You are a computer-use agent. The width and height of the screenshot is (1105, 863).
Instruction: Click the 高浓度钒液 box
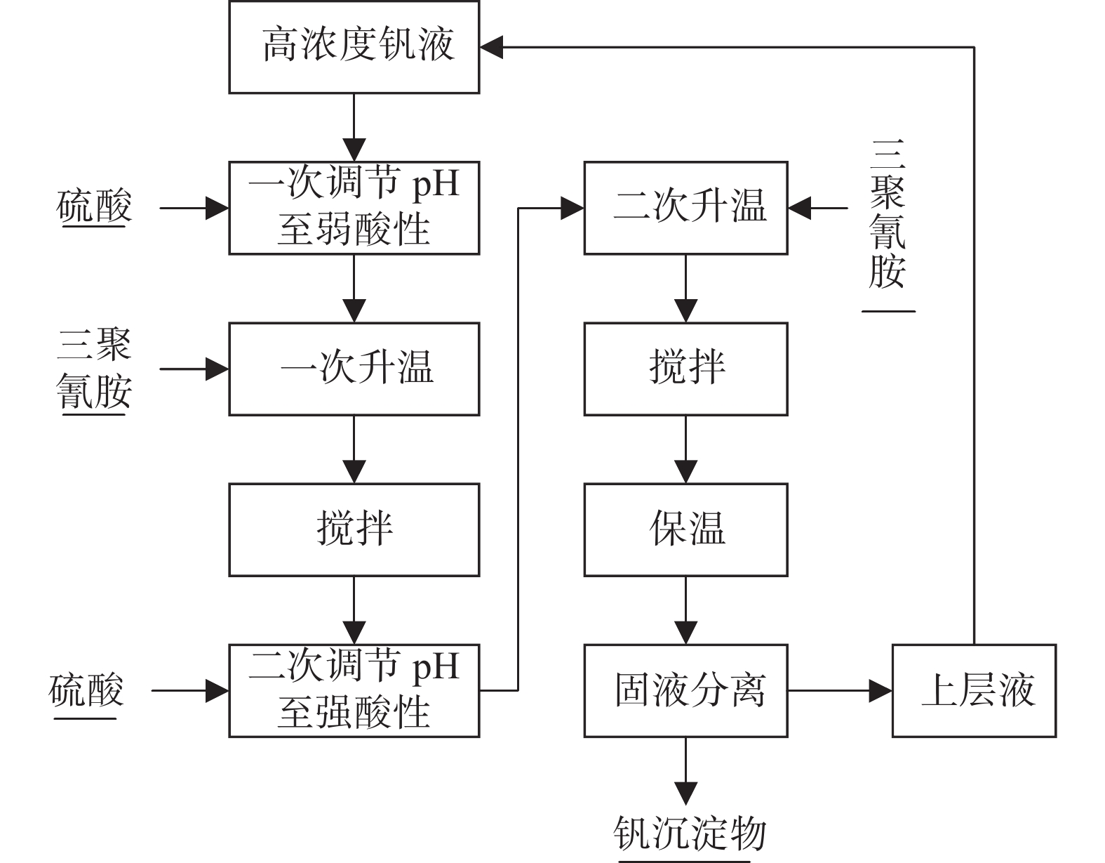[354, 46]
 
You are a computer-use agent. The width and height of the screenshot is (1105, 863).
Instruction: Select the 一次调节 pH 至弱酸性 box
[354, 208]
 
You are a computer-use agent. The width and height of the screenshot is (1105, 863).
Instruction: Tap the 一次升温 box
[354, 369]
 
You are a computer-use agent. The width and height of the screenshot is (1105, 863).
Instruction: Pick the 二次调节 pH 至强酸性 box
[354, 690]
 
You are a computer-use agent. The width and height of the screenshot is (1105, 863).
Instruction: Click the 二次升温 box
[685, 208]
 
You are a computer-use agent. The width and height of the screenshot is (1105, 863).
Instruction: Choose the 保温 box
[685, 529]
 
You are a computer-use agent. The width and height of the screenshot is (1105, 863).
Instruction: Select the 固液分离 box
[685, 690]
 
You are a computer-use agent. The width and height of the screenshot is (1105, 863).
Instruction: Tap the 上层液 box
[974, 690]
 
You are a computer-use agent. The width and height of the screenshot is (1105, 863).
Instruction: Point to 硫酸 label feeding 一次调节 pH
[94, 207]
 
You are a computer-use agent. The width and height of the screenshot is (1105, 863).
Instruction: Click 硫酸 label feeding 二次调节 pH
[86, 690]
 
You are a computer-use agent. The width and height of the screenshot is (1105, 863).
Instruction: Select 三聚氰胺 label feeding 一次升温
[94, 369]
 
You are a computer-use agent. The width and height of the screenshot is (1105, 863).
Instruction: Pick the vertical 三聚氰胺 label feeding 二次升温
[888, 214]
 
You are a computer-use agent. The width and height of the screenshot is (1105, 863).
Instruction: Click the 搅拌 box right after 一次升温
[354, 529]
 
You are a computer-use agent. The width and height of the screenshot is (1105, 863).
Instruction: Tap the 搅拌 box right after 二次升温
[685, 369]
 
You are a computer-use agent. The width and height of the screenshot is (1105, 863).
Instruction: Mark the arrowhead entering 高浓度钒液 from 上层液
[492, 47]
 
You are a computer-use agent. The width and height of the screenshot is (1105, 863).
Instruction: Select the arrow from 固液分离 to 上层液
[839, 690]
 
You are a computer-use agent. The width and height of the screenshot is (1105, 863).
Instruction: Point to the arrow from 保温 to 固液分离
[685, 610]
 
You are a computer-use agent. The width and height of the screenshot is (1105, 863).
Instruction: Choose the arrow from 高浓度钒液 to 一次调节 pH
[354, 127]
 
